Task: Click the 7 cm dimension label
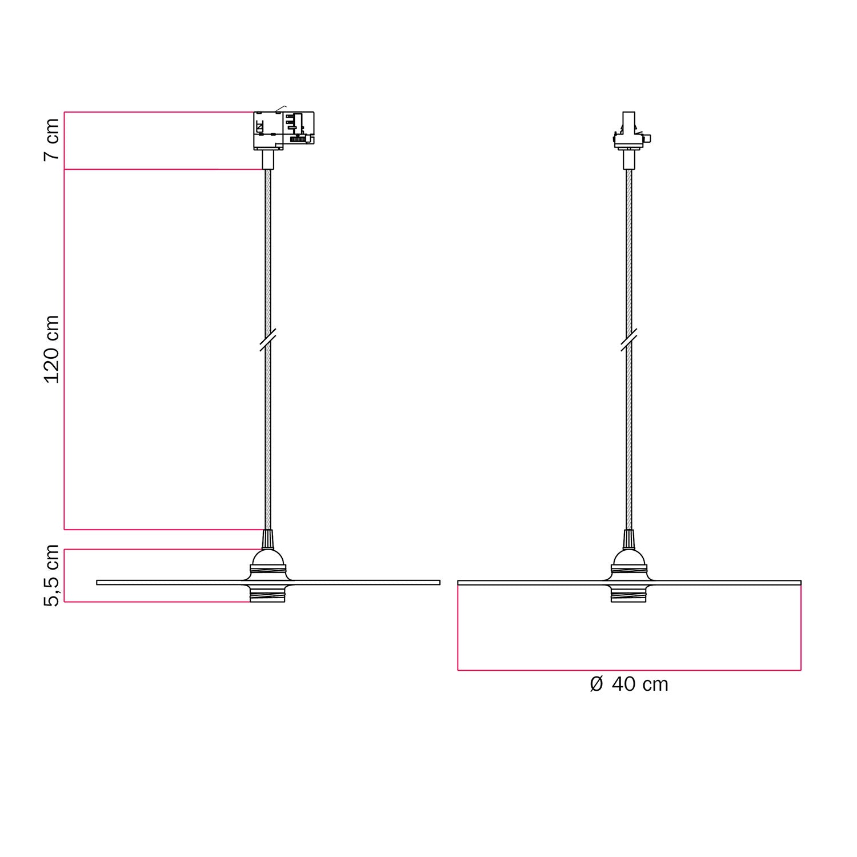[52, 140]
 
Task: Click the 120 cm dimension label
[52, 349]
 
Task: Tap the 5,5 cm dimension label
[52, 575]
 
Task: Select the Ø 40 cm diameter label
[628, 684]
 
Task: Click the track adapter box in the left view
[283, 131]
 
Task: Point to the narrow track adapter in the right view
[628, 130]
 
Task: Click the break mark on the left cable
[267, 340]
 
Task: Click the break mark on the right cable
[628, 340]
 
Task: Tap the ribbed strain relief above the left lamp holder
[267, 539]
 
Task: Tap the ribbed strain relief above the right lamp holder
[628, 539]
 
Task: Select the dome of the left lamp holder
[267, 558]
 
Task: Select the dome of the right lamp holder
[628, 558]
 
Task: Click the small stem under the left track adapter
[267, 159]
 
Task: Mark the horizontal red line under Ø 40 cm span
[628, 670]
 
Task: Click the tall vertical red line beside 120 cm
[64, 349]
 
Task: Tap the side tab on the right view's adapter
[649, 138]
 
